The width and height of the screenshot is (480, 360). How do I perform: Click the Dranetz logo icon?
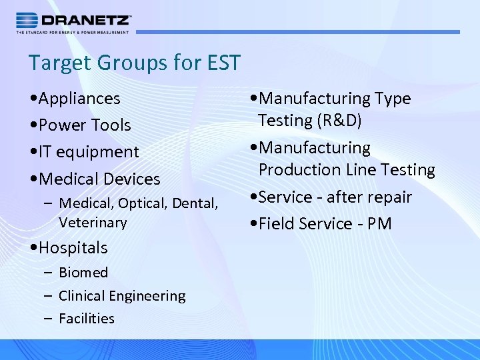tap(27, 20)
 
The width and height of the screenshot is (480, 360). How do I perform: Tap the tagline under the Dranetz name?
tap(73, 31)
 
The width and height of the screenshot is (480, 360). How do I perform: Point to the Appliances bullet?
tap(79, 99)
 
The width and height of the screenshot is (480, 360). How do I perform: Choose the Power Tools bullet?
tap(85, 125)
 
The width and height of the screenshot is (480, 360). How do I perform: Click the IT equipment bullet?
tap(89, 152)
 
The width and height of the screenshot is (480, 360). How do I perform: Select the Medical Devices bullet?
tap(99, 179)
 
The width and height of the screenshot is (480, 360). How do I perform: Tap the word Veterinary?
tap(93, 223)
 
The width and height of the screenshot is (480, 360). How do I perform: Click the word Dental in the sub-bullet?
tap(195, 203)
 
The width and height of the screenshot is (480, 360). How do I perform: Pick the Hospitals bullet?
tap(73, 248)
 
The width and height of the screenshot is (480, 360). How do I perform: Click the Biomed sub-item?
tap(83, 273)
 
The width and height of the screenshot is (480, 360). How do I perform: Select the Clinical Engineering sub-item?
tap(122, 296)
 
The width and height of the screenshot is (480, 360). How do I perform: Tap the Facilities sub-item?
tap(87, 319)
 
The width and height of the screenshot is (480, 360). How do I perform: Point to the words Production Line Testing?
tap(347, 170)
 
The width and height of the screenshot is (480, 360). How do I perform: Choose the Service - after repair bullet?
tap(335, 197)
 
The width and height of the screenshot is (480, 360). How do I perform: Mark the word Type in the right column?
tap(392, 99)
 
